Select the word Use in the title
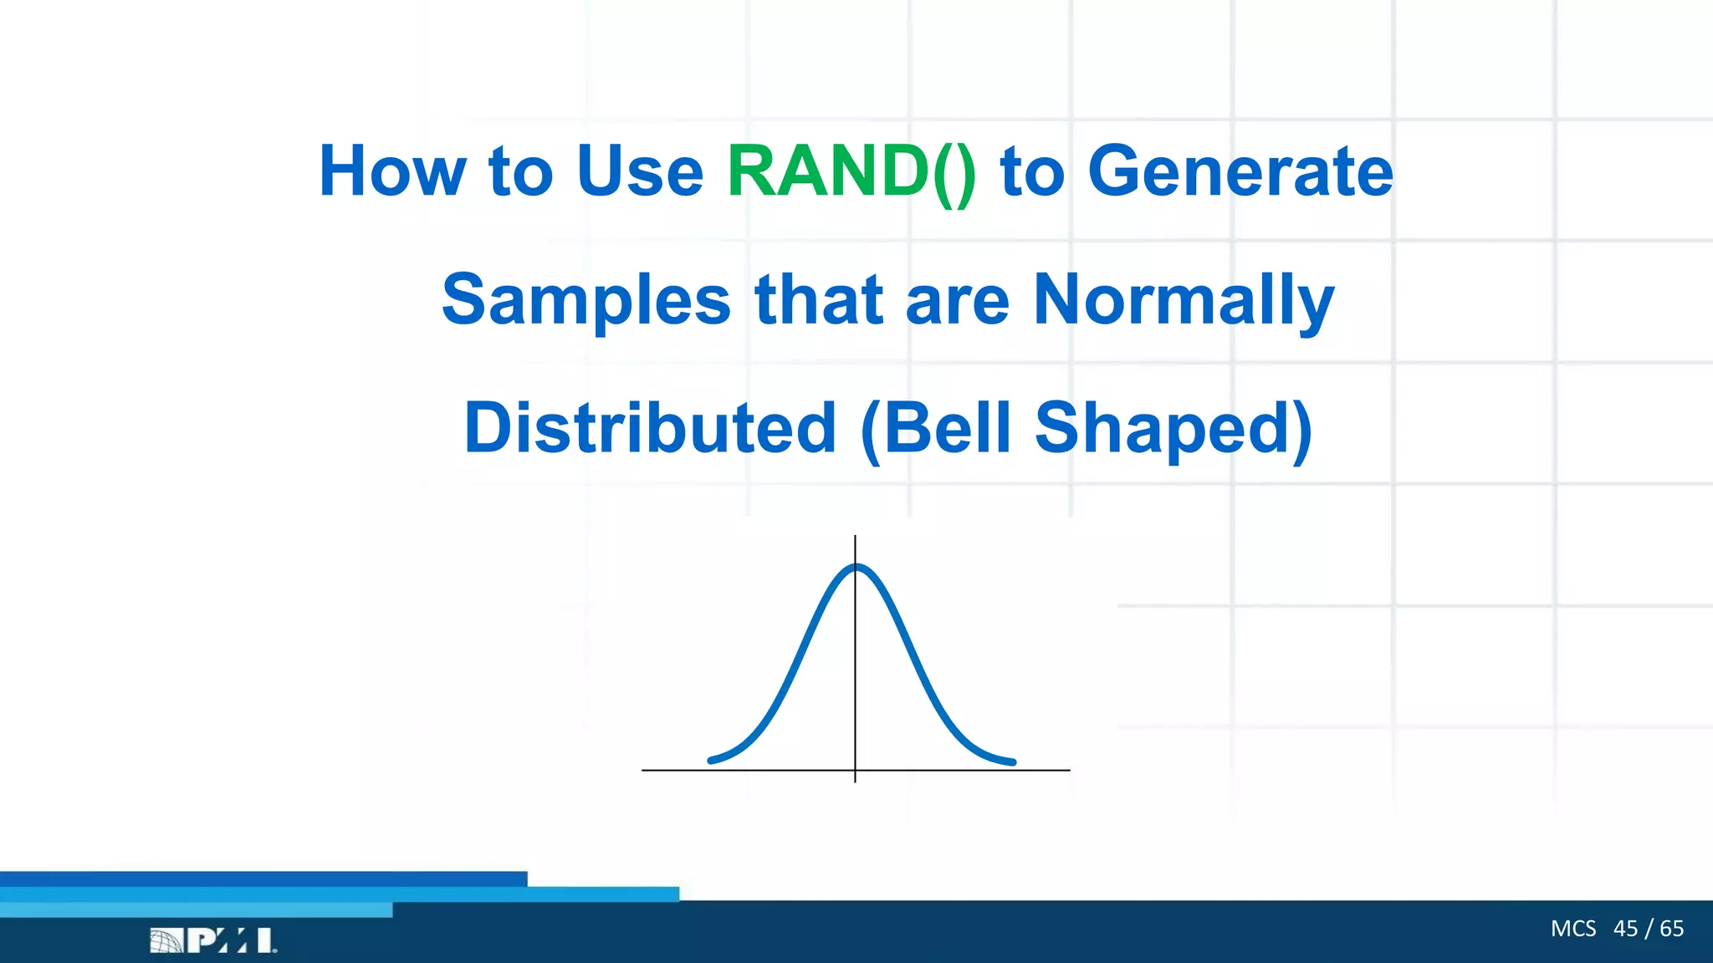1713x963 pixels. point(640,172)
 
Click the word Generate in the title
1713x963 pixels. point(1240,172)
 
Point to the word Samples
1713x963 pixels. point(586,301)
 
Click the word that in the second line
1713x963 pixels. point(818,301)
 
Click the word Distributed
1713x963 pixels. point(650,428)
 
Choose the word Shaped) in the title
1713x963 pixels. point(1173,430)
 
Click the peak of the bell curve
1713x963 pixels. point(856,568)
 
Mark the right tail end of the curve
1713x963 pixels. point(1012,762)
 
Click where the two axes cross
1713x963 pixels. point(855,770)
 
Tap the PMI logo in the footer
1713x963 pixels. point(213,940)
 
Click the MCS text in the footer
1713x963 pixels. point(1572,929)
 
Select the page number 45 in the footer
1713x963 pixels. point(1625,929)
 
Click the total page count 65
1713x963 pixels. point(1671,929)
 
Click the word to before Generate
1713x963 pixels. point(1032,172)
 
